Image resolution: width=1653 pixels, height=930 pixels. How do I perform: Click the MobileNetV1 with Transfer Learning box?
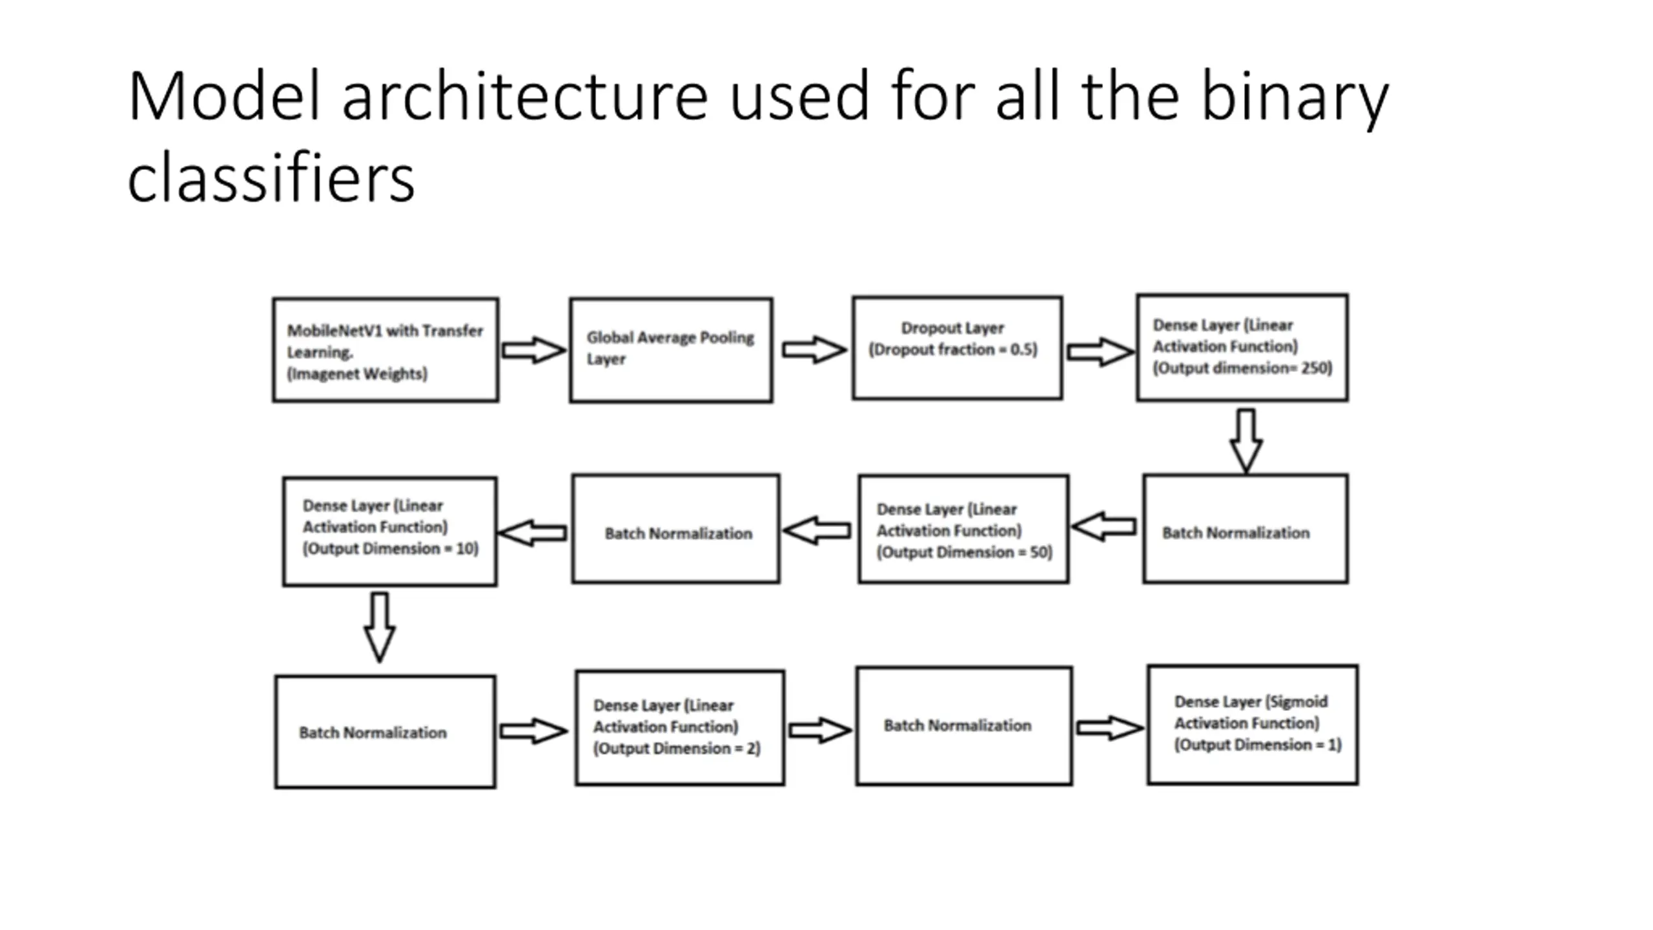point(385,350)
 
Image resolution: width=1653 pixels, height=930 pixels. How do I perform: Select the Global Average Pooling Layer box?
point(671,350)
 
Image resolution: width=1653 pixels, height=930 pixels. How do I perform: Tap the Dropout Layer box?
point(957,348)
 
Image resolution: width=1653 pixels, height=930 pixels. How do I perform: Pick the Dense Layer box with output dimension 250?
point(1242,347)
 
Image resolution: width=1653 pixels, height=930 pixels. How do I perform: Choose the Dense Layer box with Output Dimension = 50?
point(963,529)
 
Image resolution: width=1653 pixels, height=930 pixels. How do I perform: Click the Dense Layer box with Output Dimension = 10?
point(390,532)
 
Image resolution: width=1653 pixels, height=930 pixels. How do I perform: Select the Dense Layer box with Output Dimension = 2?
point(680,728)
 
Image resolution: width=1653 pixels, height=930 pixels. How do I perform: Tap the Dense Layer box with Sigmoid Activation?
point(1253,725)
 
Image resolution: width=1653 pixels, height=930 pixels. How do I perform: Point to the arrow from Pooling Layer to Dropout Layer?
point(814,350)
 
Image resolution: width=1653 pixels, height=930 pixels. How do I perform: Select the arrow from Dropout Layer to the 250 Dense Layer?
point(1100,352)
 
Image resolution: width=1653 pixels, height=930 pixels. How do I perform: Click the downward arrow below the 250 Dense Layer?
point(1246,441)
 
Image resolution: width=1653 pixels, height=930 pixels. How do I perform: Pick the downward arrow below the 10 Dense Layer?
point(380,627)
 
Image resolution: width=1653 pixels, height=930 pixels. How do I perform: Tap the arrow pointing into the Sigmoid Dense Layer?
point(1110,728)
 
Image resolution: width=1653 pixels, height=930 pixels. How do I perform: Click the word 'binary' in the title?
point(1295,98)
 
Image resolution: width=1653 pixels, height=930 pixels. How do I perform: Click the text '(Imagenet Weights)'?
point(357,374)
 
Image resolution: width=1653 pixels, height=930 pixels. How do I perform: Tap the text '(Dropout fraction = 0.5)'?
point(953,349)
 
